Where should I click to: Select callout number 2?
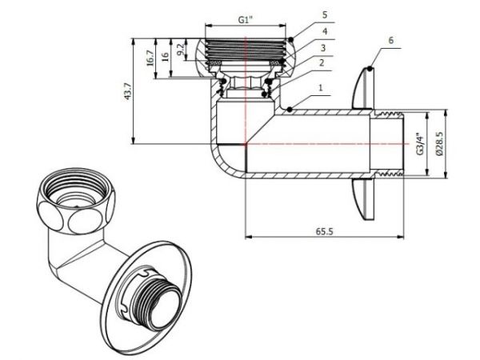[x=322, y=61]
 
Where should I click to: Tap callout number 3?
[x=322, y=47]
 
